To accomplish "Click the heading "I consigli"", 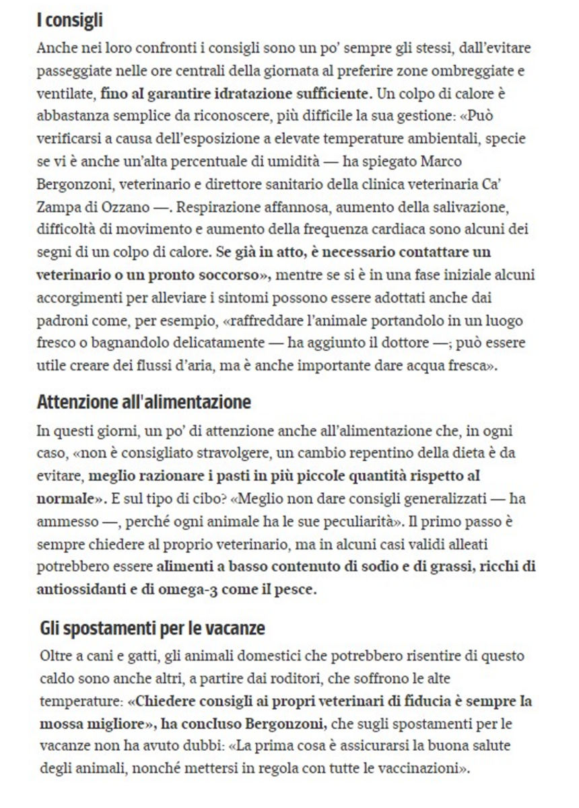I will click(69, 20).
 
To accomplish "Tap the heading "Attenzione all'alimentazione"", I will click(143, 403).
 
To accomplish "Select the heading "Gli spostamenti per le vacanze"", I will click(152, 629).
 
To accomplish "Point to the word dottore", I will click(397, 343).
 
